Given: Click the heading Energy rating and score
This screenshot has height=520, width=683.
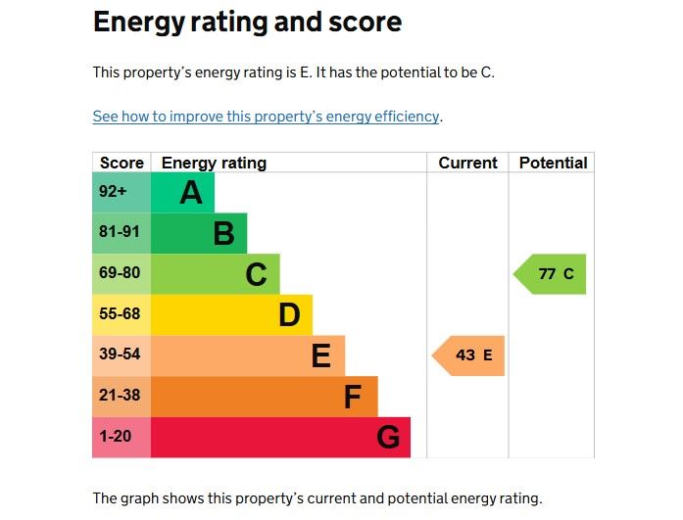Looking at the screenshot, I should pyautogui.click(x=247, y=23).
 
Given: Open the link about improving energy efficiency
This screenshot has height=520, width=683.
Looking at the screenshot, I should pyautogui.click(x=266, y=117).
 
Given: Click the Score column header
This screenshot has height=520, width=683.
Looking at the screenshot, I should pyautogui.click(x=122, y=164).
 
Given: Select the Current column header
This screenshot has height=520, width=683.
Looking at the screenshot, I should pyautogui.click(x=467, y=164).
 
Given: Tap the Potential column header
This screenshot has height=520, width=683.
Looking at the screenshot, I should pyautogui.click(x=553, y=164).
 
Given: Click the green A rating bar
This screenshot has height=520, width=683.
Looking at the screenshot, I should pyautogui.click(x=183, y=193).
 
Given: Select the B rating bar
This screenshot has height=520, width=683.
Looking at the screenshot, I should pyautogui.click(x=199, y=233).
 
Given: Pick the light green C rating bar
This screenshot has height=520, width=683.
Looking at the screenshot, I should pyautogui.click(x=216, y=274).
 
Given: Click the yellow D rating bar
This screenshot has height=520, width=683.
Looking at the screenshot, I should pyautogui.click(x=231, y=314).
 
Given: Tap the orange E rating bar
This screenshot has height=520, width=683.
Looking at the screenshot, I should pyautogui.click(x=248, y=355).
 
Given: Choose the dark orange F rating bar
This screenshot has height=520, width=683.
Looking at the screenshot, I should pyautogui.click(x=265, y=397).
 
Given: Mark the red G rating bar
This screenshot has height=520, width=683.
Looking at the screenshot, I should pyautogui.click(x=280, y=437).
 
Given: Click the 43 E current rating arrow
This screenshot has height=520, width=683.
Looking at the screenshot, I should pyautogui.click(x=468, y=355).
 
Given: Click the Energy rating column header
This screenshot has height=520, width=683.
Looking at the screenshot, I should pyautogui.click(x=214, y=164).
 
